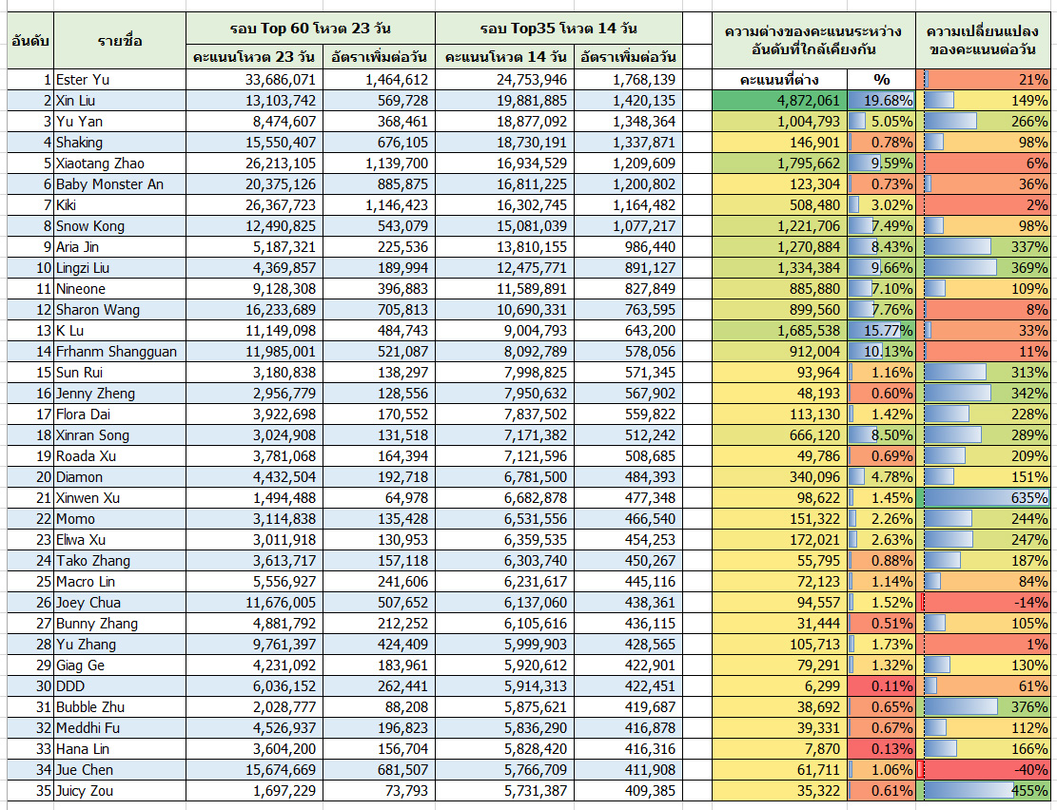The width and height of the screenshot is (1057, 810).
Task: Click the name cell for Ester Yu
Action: tap(119, 80)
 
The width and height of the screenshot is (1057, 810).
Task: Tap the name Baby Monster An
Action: tap(109, 184)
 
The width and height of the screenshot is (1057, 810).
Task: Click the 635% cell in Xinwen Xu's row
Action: tap(987, 498)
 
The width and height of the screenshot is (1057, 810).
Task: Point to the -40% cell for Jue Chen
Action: tap(987, 769)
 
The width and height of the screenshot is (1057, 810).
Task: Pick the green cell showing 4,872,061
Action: tap(780, 101)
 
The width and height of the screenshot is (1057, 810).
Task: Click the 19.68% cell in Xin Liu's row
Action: tap(882, 101)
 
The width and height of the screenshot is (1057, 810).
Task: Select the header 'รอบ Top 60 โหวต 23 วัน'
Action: tap(311, 29)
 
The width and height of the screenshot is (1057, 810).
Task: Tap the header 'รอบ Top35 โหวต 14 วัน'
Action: tap(558, 29)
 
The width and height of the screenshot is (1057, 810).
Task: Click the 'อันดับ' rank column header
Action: tap(30, 41)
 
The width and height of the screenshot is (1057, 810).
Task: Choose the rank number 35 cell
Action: tap(30, 790)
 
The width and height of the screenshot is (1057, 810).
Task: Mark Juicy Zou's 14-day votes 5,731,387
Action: tap(536, 790)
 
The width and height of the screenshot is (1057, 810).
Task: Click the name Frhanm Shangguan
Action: tap(117, 351)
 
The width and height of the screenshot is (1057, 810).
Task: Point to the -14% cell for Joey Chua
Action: tap(987, 603)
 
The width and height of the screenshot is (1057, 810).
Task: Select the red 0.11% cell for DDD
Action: tap(882, 686)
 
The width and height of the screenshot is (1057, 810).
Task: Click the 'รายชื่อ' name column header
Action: tap(119, 41)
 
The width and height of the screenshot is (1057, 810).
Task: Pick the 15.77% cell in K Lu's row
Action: tap(882, 330)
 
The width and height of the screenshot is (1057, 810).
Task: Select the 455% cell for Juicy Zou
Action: tap(987, 790)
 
